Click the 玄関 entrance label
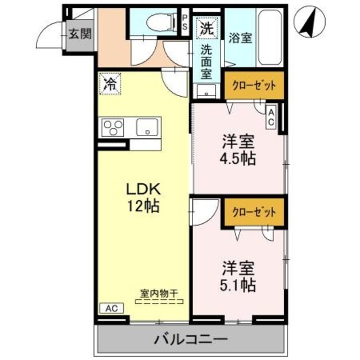point(80,34)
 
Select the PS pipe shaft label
point(185,22)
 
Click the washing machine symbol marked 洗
point(206,28)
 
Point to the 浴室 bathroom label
point(240,38)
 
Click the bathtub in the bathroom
point(270,38)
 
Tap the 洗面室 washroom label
point(206,62)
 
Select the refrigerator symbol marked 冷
point(110,84)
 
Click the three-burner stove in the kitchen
point(112,128)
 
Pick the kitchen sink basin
point(147,127)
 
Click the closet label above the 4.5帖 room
point(254,86)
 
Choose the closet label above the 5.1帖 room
point(254,212)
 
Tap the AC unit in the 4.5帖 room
point(271,117)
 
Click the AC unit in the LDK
point(111,308)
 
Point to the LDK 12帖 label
point(143,197)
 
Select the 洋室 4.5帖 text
point(238,150)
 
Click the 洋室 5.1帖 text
point(238,277)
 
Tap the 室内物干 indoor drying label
point(159,293)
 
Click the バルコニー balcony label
point(191,339)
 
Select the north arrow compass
point(310,22)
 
